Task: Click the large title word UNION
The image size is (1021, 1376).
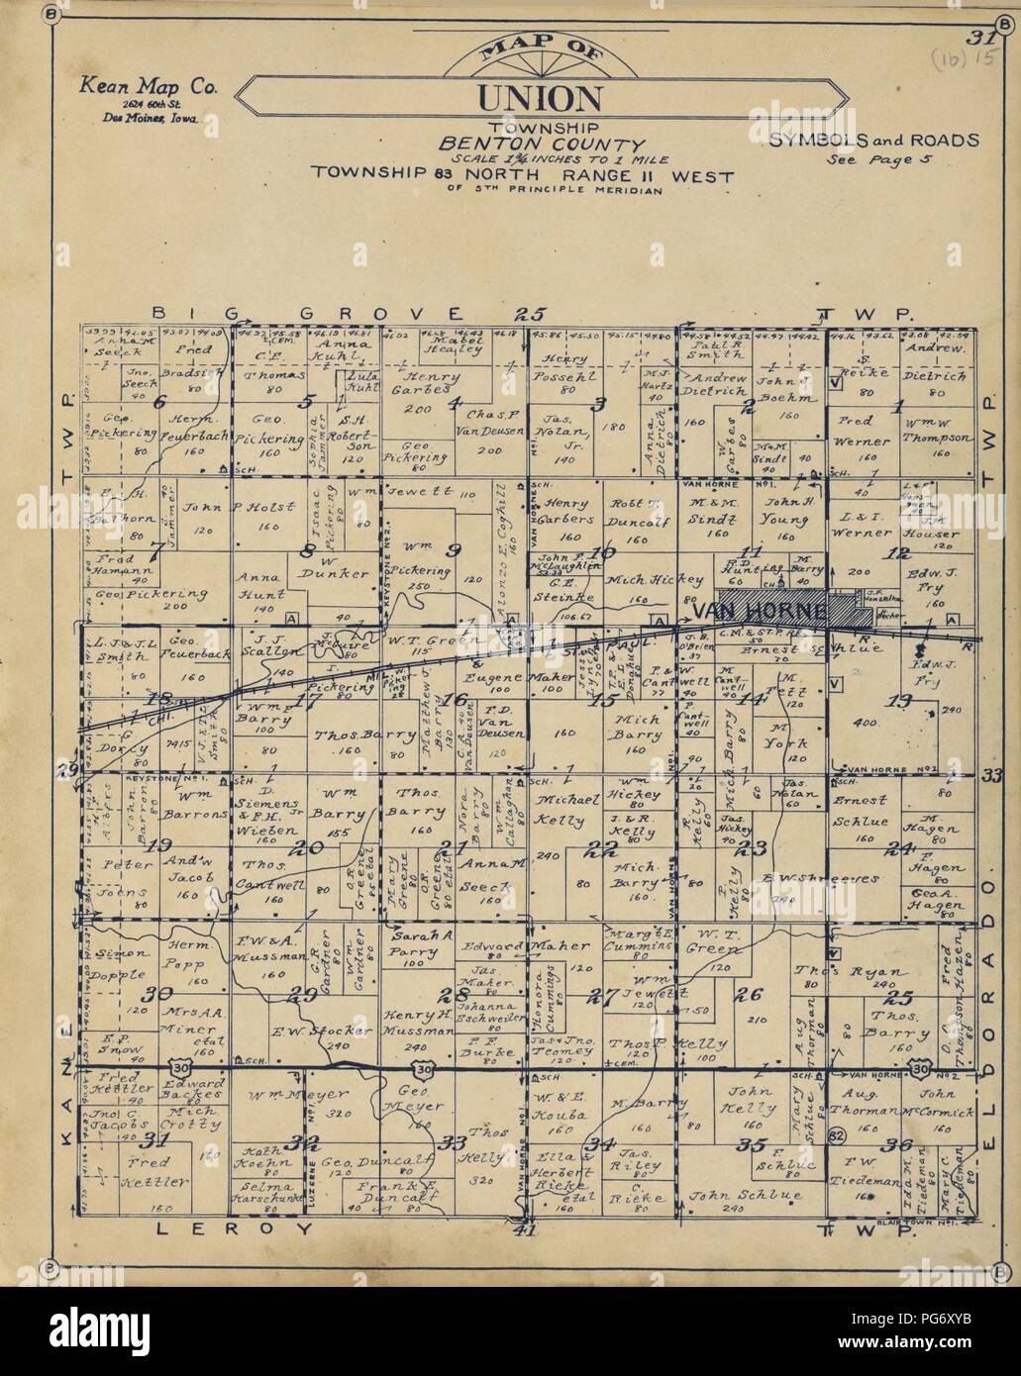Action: click(x=539, y=98)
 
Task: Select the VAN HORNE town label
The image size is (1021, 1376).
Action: click(x=758, y=614)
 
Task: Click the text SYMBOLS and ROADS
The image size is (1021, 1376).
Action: click(x=873, y=140)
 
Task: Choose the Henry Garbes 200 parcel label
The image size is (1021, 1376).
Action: click(x=430, y=387)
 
